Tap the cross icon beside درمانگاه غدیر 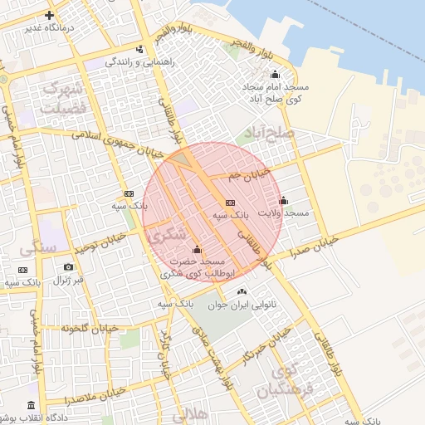50,15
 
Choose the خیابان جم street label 252,174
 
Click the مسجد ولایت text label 283,213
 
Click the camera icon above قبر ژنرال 68,267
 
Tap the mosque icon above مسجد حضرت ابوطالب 197,250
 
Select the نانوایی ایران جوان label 264,305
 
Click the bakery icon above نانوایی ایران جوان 242,291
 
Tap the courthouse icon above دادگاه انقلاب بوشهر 32,406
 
